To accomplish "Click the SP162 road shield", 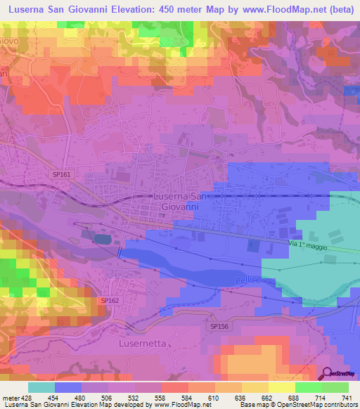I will (110, 300).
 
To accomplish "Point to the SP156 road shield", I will (219, 326).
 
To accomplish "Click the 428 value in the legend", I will (25, 397).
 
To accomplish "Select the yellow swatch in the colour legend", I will (281, 387).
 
